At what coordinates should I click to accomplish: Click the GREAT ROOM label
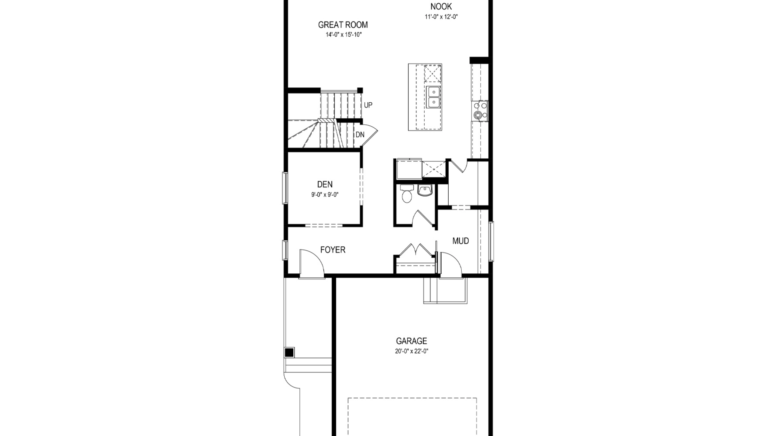click(x=343, y=25)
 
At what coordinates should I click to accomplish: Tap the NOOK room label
click(x=441, y=6)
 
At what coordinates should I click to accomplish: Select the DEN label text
click(x=325, y=184)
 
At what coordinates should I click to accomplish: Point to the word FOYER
click(x=333, y=250)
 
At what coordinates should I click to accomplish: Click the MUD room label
click(x=460, y=241)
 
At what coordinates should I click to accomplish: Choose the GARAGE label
click(x=411, y=341)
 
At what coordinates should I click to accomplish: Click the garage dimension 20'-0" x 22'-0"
click(x=411, y=352)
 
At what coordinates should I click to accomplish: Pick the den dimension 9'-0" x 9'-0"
click(x=325, y=195)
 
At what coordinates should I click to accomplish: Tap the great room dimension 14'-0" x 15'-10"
click(x=343, y=35)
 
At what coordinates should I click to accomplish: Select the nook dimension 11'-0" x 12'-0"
click(x=441, y=17)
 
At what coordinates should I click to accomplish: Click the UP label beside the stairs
click(x=368, y=105)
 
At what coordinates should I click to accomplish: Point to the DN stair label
click(x=360, y=135)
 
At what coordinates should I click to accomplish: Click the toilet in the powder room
click(x=407, y=193)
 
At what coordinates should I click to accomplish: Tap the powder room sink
click(x=425, y=190)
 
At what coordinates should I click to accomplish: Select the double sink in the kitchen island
click(x=433, y=97)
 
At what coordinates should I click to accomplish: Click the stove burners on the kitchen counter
click(x=480, y=111)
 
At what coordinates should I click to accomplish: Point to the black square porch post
click(x=289, y=352)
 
